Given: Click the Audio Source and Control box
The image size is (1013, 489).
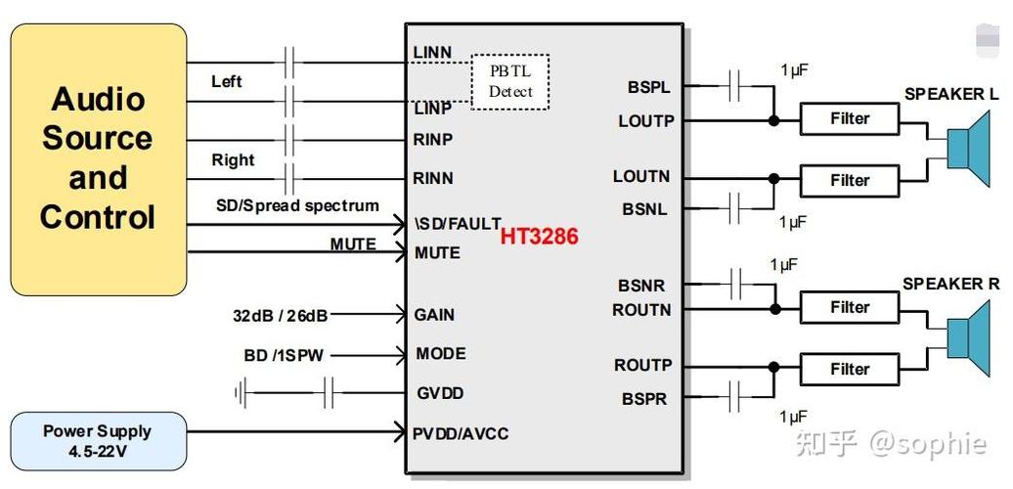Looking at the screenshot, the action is tap(98, 159).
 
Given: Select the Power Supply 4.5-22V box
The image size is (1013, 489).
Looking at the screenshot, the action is tap(98, 441).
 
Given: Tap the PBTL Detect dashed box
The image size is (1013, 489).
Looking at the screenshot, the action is tap(510, 82).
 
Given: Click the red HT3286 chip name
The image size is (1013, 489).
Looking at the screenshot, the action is tap(540, 237).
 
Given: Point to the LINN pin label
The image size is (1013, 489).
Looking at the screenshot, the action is tap(432, 53).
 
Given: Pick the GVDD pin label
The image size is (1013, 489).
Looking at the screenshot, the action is tap(440, 393).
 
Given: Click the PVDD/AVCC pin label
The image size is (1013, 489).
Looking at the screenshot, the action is tap(461, 433).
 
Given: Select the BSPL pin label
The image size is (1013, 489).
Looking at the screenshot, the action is tap(648, 87).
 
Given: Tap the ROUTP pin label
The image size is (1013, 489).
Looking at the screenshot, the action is tap(642, 366).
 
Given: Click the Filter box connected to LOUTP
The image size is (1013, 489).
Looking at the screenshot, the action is tap(850, 119).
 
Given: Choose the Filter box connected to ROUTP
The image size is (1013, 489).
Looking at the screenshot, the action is tap(850, 370).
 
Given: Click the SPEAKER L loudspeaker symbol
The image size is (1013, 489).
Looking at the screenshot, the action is tap(968, 149).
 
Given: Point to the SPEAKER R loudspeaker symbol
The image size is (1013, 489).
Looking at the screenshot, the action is tap(968, 338).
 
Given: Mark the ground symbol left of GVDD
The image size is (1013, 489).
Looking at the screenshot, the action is tap(241, 393).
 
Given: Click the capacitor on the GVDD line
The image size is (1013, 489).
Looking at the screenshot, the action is tap(329, 393).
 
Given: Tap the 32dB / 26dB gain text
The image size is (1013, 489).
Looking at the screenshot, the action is tap(281, 316).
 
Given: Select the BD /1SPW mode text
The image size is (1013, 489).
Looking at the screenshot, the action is tap(284, 355).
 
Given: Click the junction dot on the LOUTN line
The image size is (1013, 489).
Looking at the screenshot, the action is tap(774, 179).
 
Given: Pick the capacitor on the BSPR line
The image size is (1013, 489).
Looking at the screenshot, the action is tap(734, 397).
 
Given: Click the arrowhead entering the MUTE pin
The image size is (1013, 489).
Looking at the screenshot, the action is tap(401, 252).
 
